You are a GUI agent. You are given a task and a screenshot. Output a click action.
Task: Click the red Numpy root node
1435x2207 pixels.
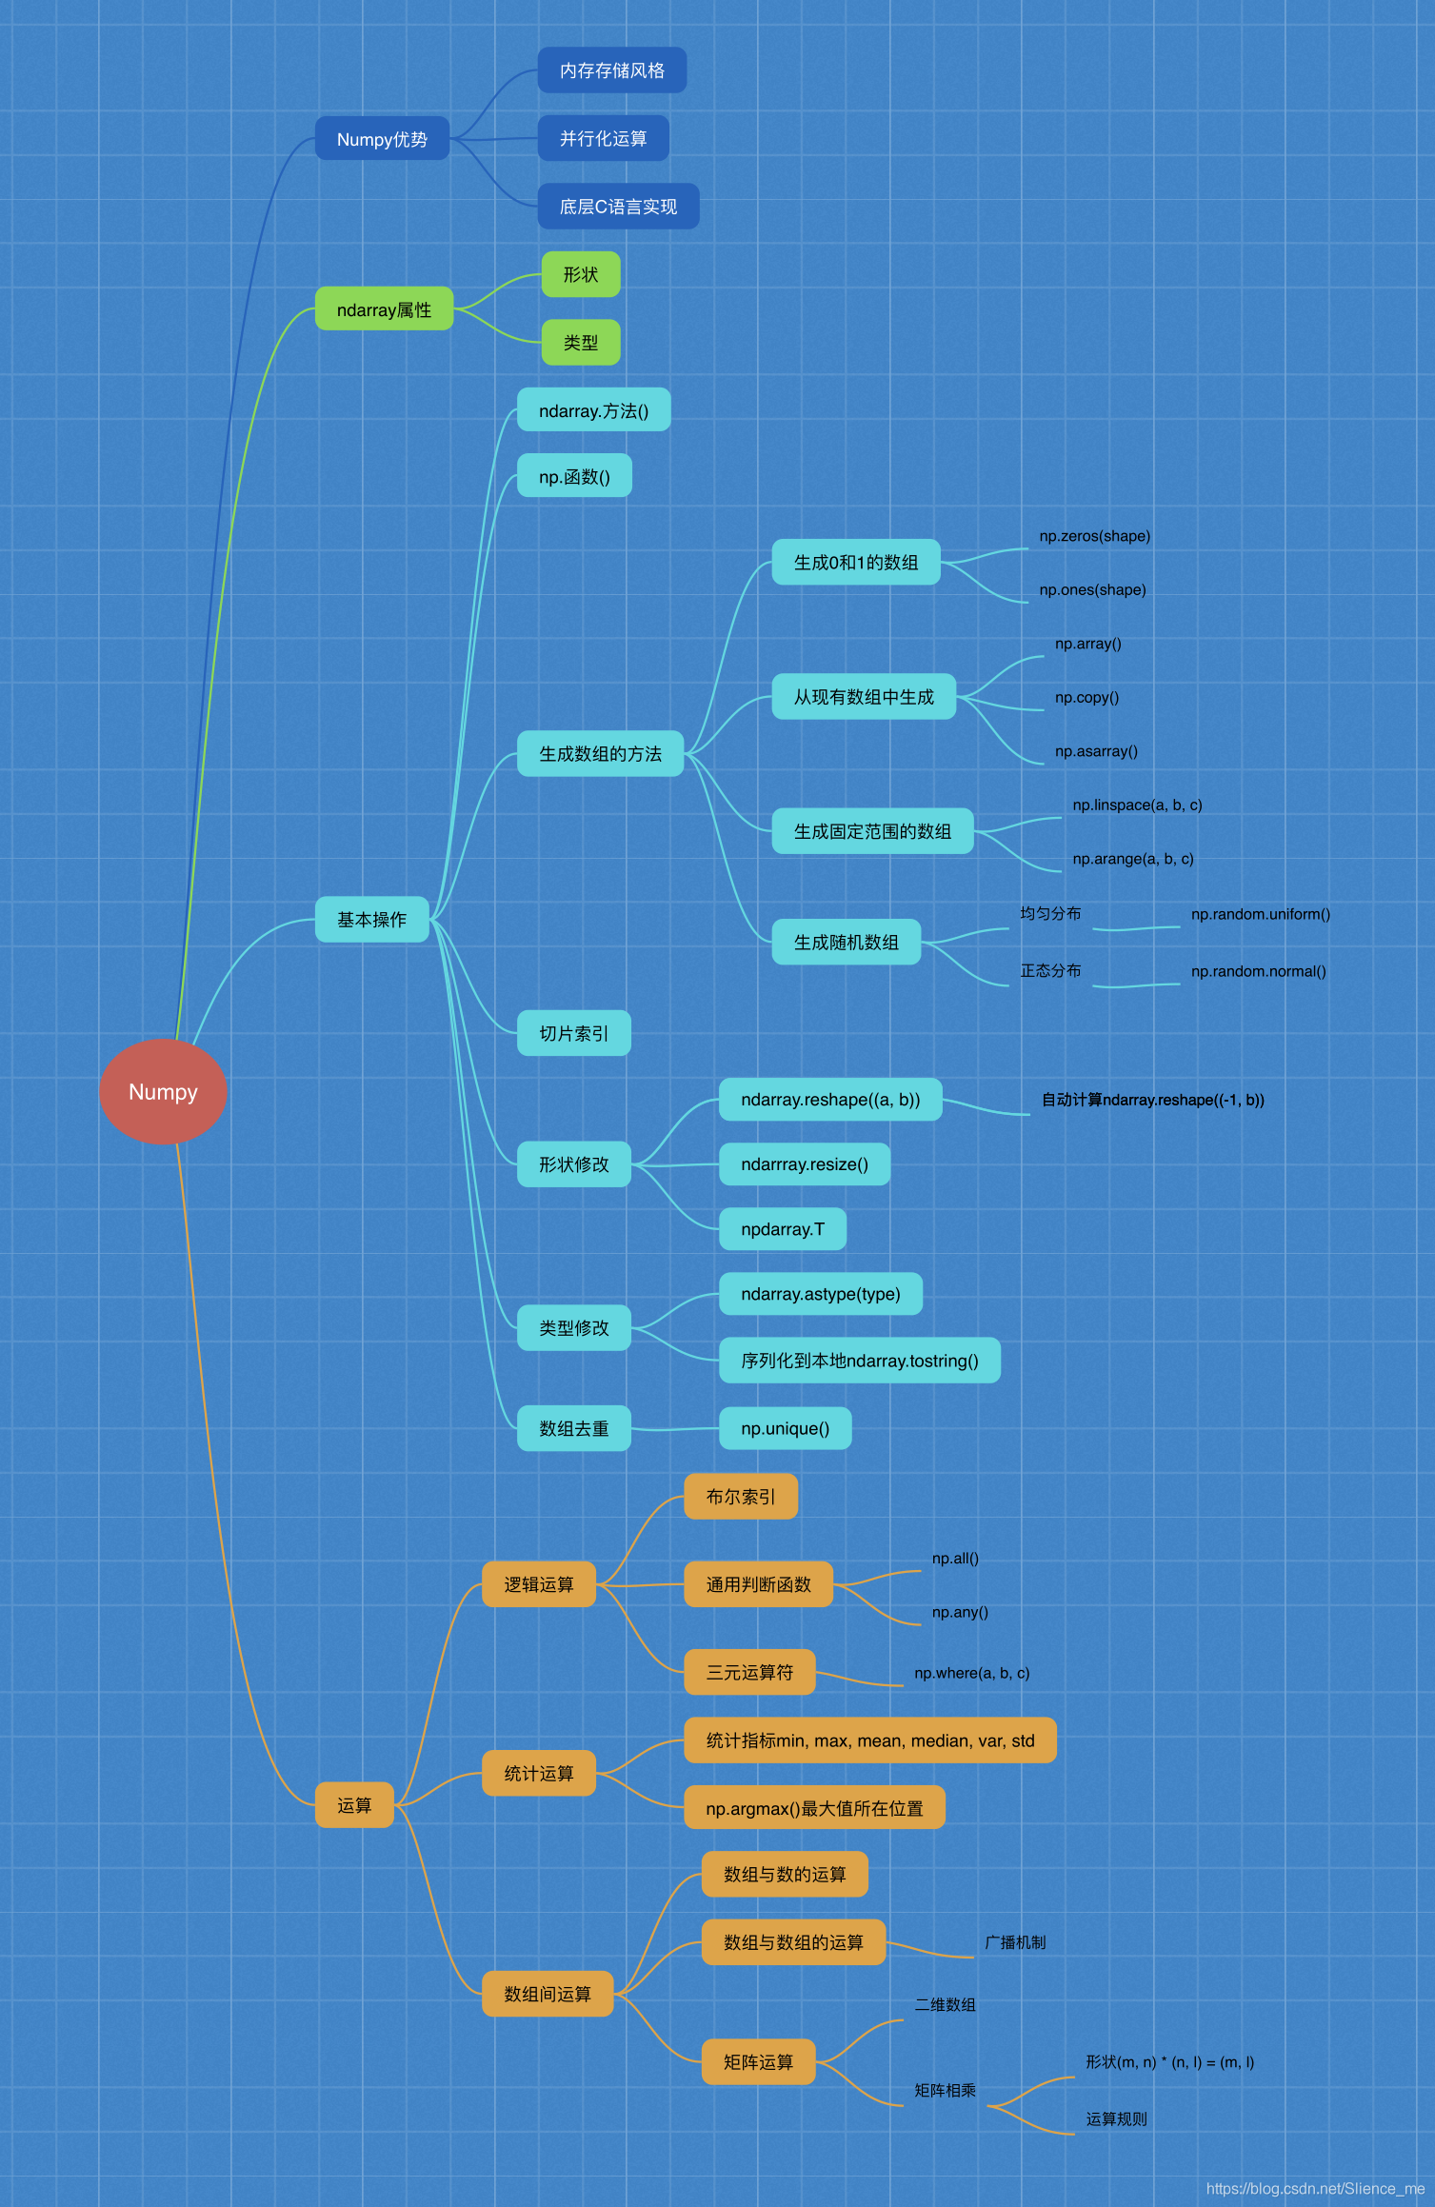[x=163, y=1091]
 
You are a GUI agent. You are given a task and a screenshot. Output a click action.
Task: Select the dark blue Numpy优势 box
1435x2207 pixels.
[x=382, y=139]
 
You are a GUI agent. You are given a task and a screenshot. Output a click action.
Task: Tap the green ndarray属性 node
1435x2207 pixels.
[x=384, y=309]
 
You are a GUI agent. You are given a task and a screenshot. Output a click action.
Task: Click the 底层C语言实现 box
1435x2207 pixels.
[x=618, y=207]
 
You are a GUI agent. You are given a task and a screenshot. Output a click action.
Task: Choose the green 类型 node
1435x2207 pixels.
[x=581, y=343]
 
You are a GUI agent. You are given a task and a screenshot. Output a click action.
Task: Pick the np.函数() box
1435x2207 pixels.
[x=574, y=476]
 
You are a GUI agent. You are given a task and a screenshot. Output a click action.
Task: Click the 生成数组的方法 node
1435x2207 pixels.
[x=600, y=754]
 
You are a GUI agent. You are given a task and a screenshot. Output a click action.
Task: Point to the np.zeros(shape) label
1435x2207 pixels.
[x=1095, y=536]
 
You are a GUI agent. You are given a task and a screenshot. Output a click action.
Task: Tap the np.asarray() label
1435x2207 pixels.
[x=1096, y=751]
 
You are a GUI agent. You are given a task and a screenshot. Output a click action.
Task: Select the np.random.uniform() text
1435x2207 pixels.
[x=1261, y=914]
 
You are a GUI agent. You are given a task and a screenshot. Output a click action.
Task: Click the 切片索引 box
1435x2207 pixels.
[x=574, y=1033]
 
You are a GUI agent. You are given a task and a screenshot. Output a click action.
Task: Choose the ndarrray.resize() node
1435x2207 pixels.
[x=805, y=1164]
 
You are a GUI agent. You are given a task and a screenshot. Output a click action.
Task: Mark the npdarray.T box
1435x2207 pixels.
[x=783, y=1229]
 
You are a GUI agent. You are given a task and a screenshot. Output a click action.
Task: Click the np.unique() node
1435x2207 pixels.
[x=786, y=1428]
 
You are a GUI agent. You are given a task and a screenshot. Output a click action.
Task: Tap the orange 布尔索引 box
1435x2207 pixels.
[x=741, y=1497]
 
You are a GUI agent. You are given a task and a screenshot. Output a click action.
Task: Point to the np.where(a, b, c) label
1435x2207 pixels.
[x=972, y=1673]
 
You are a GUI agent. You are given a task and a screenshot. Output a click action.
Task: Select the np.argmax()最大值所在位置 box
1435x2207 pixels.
[x=814, y=1808]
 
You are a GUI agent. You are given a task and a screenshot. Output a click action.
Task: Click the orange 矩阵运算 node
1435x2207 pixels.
[x=758, y=2062]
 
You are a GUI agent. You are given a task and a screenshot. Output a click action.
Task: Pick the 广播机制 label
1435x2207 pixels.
[x=1015, y=1942]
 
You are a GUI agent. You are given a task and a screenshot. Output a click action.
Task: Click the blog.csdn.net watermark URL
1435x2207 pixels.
[x=1315, y=2189]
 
